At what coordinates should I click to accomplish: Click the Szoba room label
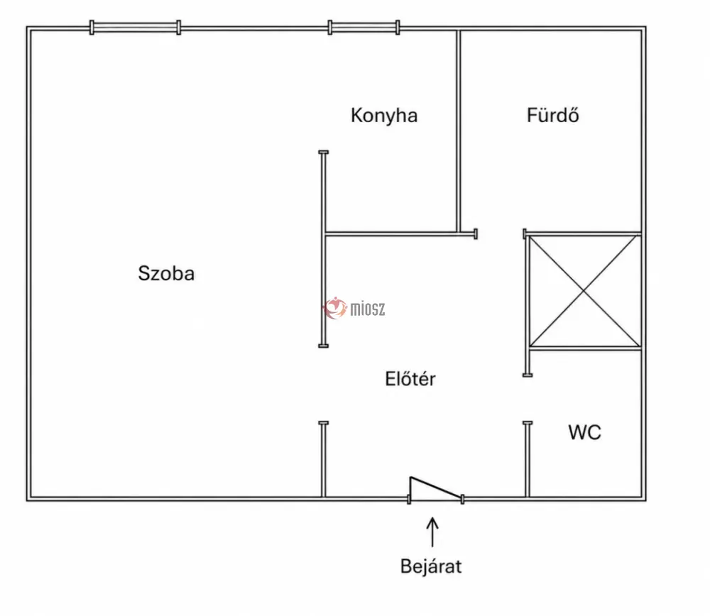coord(166,273)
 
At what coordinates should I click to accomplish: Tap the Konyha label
coord(384,116)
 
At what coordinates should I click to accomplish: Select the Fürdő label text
coord(553,115)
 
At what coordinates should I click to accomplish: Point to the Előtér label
coord(410,379)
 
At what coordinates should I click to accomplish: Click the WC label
coord(584,432)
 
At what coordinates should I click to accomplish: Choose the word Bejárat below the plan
coord(431,566)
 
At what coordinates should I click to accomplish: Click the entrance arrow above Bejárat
coord(432,532)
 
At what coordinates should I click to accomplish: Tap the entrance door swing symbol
coord(436,490)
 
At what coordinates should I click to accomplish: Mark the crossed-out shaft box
coord(584,292)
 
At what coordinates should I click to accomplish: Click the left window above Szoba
coord(135,27)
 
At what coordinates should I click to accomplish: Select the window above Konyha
coord(364,27)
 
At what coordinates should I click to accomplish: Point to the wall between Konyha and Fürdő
coord(458,131)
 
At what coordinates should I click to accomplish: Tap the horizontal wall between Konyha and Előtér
coord(400,234)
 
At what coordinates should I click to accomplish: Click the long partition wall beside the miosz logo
coord(323,249)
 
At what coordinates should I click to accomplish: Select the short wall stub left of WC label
coord(528,459)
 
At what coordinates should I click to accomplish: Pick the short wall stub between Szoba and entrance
coord(323,459)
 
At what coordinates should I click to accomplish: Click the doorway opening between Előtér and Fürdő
coord(501,234)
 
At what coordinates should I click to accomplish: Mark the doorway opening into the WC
coord(528,399)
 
